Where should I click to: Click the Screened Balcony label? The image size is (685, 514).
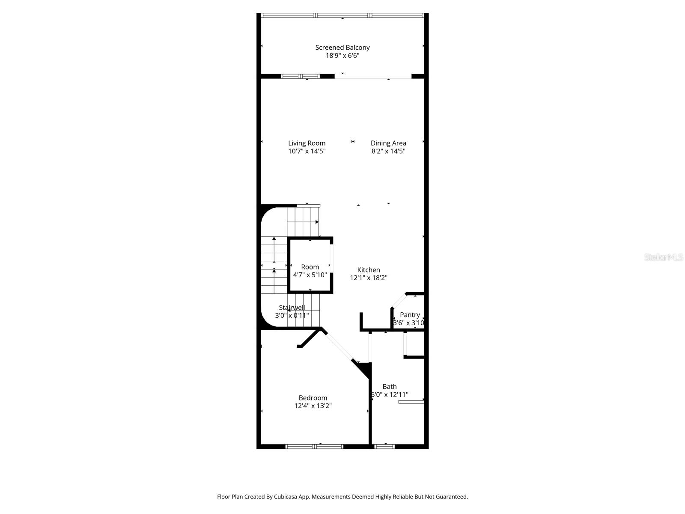click(342, 48)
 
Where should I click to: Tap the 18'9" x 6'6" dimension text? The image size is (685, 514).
click(342, 56)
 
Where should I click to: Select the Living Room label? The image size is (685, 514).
click(307, 143)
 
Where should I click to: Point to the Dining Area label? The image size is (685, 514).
click(388, 143)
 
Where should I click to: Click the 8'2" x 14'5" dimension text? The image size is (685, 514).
click(388, 151)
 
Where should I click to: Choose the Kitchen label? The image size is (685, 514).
click(369, 270)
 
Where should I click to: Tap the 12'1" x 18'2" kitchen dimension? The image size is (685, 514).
click(369, 278)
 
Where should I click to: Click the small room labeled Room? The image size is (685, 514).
click(310, 267)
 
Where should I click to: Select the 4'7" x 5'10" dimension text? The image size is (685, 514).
click(310, 275)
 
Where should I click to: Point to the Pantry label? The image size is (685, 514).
click(410, 315)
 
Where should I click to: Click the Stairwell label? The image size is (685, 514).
click(292, 308)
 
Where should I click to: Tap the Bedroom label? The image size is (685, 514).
click(313, 398)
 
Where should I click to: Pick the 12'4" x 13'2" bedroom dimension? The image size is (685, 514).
click(313, 406)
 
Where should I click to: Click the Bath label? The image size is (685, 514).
click(390, 386)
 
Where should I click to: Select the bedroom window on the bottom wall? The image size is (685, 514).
click(315, 446)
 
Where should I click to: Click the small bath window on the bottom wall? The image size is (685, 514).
click(384, 446)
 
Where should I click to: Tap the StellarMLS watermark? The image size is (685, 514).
click(664, 257)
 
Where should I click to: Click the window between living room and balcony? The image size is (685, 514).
click(300, 76)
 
